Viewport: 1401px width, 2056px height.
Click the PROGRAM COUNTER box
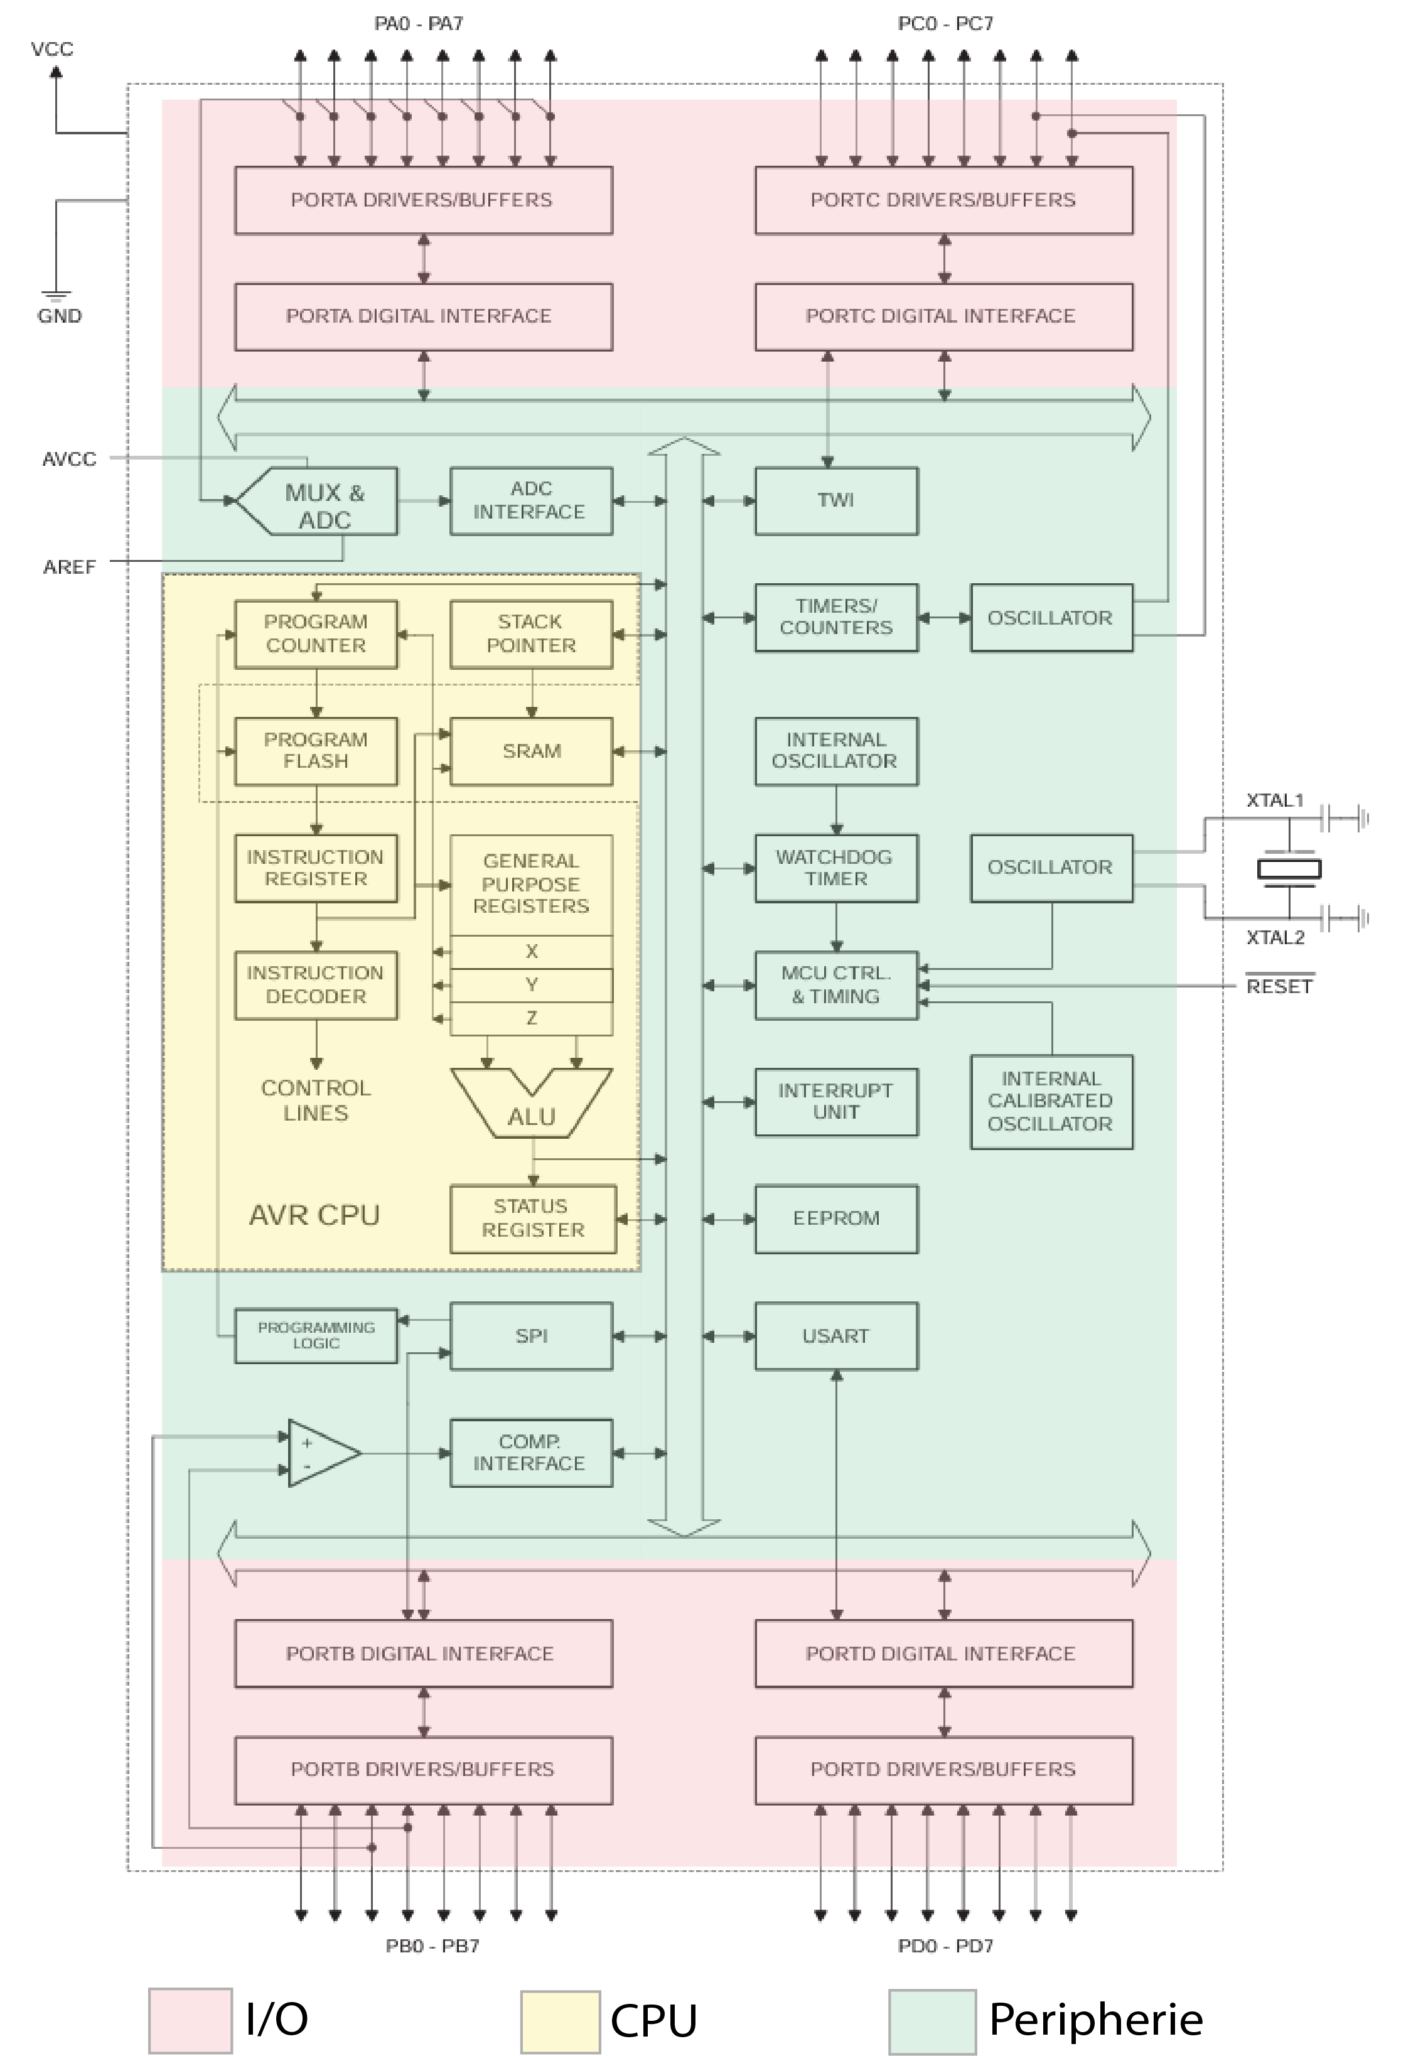[x=316, y=633]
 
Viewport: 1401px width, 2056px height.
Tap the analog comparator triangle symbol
[x=322, y=1453]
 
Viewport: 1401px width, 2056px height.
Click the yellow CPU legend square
[x=560, y=2021]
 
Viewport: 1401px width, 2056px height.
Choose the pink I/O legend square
[x=190, y=2019]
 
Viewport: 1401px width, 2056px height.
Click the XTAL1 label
[x=1274, y=800]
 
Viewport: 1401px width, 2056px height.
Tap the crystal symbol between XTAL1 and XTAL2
[x=1289, y=869]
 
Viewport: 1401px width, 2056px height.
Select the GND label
[x=59, y=316]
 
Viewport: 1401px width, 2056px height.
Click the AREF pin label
[x=69, y=566]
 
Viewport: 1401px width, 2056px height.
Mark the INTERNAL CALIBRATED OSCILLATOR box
[x=1051, y=1101]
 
